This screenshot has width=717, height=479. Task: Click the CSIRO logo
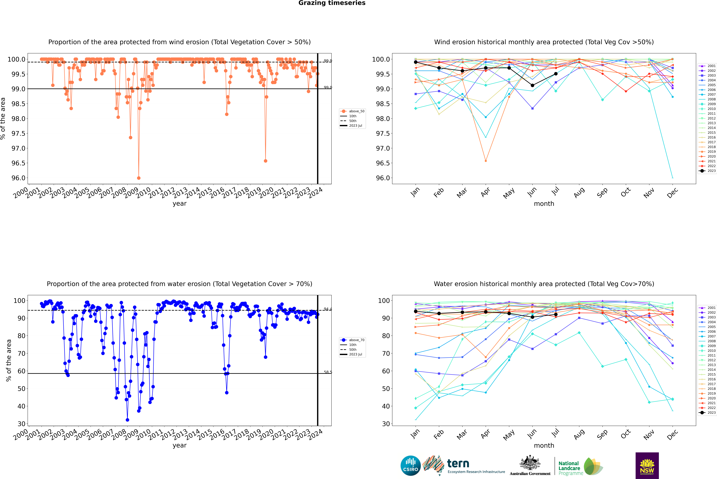(410, 466)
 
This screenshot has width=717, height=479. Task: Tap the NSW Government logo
(647, 466)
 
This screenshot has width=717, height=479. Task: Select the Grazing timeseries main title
(332, 3)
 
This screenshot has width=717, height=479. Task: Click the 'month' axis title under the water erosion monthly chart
(544, 445)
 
